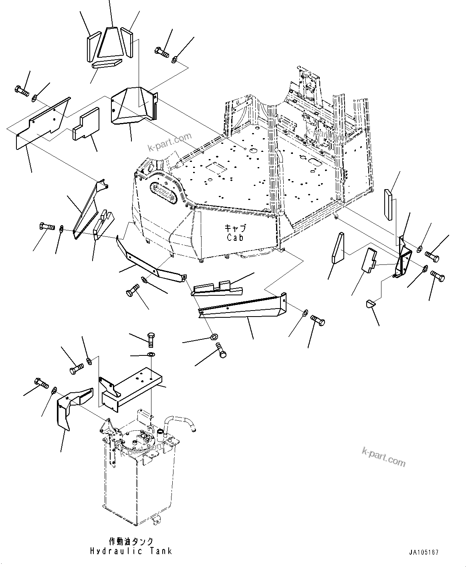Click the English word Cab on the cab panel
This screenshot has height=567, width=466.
pyautogui.click(x=234, y=237)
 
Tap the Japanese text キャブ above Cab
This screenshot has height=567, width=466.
pyautogui.click(x=235, y=228)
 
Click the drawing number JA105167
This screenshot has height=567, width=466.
pyautogui.click(x=424, y=552)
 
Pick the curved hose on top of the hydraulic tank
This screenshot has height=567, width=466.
pyautogui.click(x=180, y=423)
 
